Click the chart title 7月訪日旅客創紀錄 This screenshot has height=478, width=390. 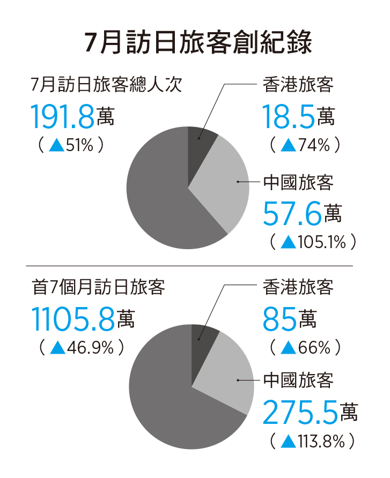(x=198, y=43)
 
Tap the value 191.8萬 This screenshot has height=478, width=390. (x=72, y=116)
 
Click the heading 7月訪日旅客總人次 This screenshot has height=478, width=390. (x=107, y=85)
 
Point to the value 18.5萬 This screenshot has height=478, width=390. (x=299, y=116)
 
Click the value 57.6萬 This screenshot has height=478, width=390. (x=302, y=213)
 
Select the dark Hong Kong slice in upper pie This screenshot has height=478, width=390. (x=200, y=141)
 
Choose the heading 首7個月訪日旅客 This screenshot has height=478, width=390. (x=98, y=287)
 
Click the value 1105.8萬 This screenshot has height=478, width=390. (x=83, y=319)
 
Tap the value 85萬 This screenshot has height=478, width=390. (x=290, y=319)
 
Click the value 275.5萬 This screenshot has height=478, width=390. (x=310, y=413)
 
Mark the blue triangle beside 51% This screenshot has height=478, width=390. (x=56, y=145)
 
